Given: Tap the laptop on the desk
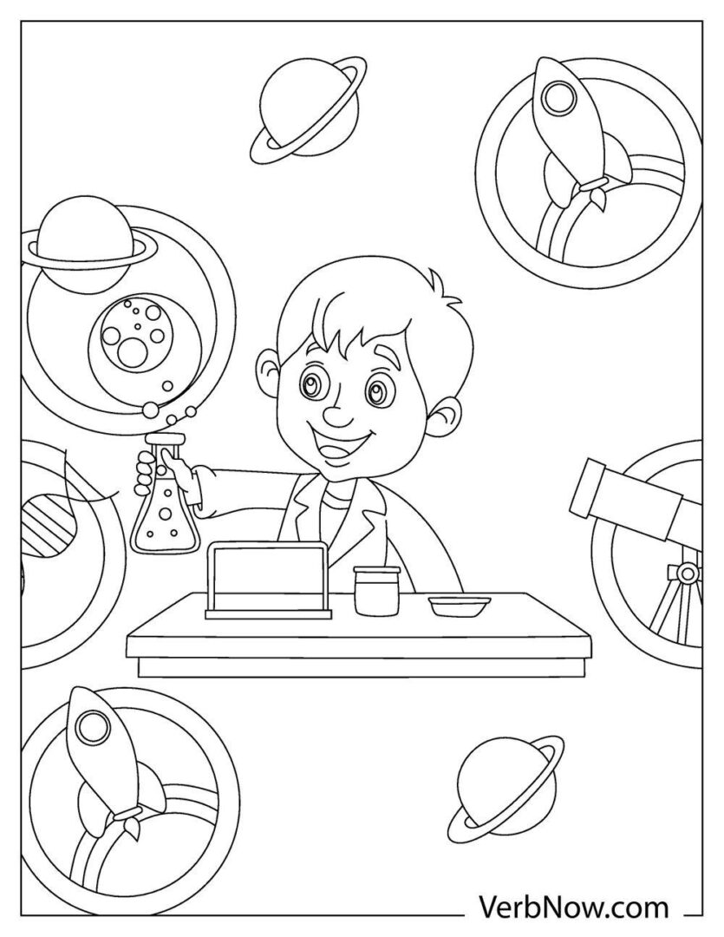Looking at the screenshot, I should coord(269,580).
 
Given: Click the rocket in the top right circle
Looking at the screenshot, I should coord(563,121).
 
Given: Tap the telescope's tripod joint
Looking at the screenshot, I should coord(687,573).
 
